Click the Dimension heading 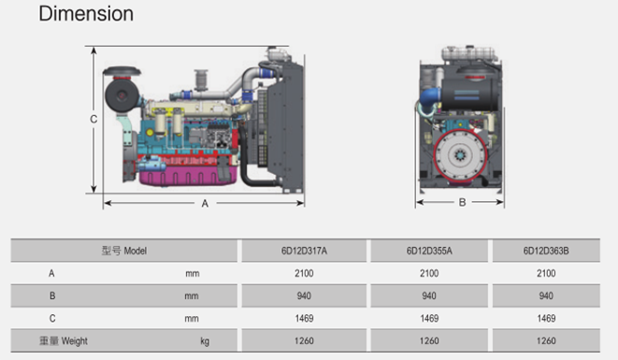[x=86, y=14]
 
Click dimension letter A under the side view [x=205, y=204]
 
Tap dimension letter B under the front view [x=462, y=202]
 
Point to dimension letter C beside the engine [x=93, y=119]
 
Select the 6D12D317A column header [x=304, y=251]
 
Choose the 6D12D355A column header [x=429, y=251]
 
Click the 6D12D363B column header [x=546, y=251]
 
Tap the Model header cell [x=124, y=251]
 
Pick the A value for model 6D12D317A [x=304, y=273]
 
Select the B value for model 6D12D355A [x=429, y=295]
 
